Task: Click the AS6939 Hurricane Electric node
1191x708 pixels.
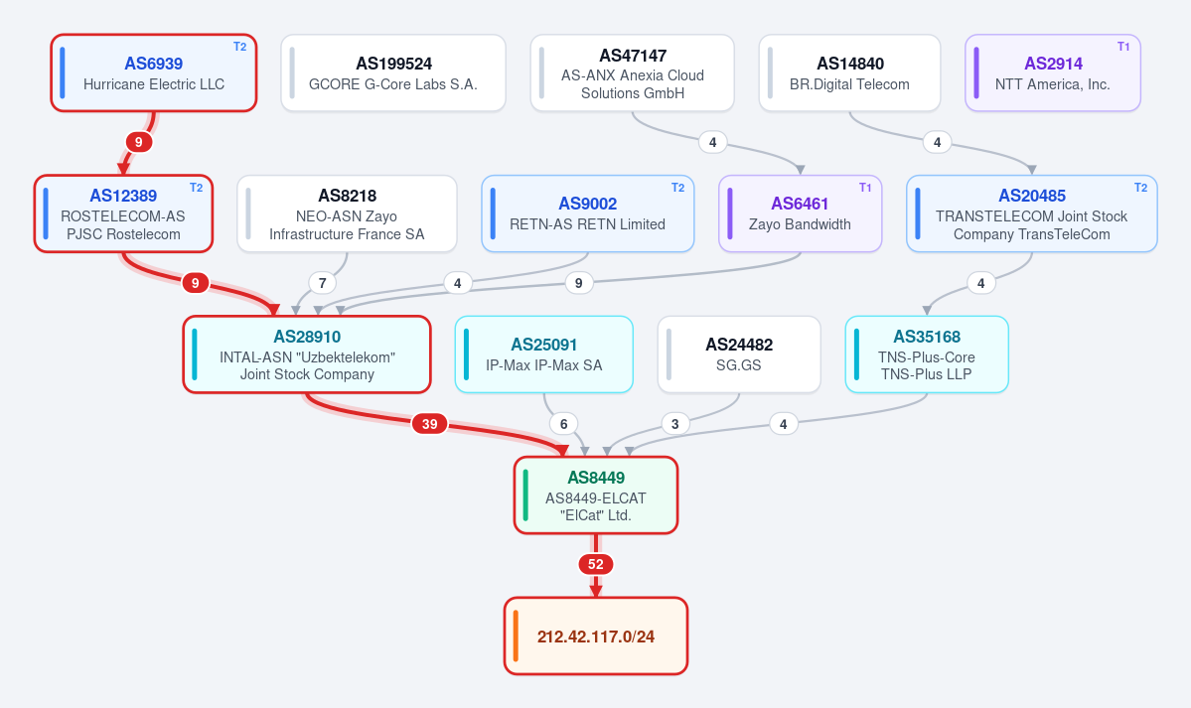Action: click(153, 72)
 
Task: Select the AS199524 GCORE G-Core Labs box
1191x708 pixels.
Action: click(393, 72)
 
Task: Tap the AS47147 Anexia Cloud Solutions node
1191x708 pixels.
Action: click(632, 72)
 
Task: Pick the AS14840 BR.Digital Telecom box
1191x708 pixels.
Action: click(849, 72)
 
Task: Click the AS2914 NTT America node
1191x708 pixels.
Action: click(1053, 72)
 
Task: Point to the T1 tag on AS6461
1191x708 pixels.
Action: click(865, 188)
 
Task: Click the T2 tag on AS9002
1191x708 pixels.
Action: click(677, 188)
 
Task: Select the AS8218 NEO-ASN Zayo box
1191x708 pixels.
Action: click(347, 213)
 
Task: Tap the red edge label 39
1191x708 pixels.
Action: click(430, 424)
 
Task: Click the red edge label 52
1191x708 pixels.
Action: click(596, 564)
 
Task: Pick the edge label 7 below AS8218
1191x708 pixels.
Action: click(322, 283)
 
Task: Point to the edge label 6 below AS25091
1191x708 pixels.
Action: click(563, 424)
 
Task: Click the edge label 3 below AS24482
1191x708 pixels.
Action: click(675, 424)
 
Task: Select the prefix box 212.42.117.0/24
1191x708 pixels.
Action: click(596, 636)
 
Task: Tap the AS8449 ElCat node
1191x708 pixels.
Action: click(596, 496)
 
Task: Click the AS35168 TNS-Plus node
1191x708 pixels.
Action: click(927, 354)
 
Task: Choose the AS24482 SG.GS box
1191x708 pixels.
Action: click(739, 354)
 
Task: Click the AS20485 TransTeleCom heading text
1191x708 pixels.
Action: click(1031, 196)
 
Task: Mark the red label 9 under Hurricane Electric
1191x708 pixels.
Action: click(138, 142)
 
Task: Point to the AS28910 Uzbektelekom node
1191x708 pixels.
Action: click(307, 354)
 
